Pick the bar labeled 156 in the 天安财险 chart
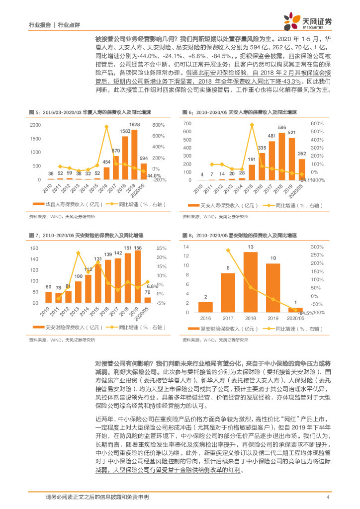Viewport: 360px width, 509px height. click(137, 282)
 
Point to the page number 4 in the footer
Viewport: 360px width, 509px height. click(328, 498)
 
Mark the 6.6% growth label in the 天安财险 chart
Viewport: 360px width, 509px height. click(152, 287)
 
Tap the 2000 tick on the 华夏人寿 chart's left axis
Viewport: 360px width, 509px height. click(35, 124)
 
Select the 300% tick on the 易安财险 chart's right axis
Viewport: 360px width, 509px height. click(317, 247)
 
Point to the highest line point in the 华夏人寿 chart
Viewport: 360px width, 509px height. click(106, 127)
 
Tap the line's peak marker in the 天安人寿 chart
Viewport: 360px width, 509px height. click(252, 125)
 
